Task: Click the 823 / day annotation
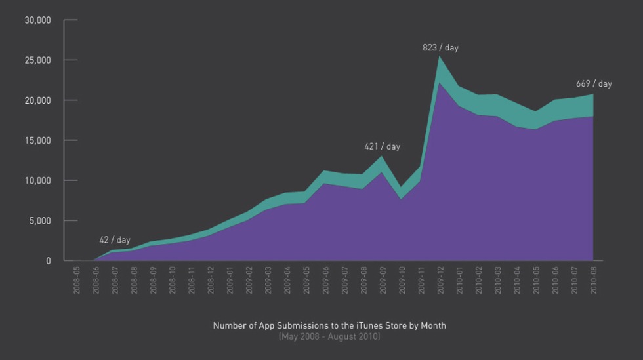click(x=440, y=48)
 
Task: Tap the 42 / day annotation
click(x=115, y=240)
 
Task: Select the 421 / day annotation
click(x=382, y=146)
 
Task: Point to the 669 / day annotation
click(x=594, y=84)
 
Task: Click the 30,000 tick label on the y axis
click(x=37, y=20)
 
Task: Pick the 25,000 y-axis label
click(x=37, y=60)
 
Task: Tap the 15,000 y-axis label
click(x=37, y=140)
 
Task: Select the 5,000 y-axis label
click(x=39, y=220)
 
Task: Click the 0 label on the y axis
click(x=48, y=261)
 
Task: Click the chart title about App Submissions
click(x=329, y=325)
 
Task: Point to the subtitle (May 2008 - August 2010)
click(x=329, y=336)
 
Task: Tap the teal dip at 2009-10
click(x=402, y=192)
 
